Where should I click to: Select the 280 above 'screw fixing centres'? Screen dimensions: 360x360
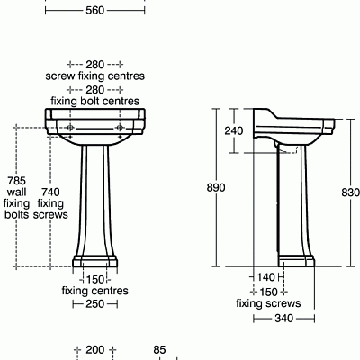coord(94,65)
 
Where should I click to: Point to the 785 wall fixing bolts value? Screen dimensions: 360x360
coord(17,179)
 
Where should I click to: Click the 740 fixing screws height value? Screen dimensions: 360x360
coord(51,192)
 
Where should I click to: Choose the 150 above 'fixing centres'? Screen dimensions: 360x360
coord(94,278)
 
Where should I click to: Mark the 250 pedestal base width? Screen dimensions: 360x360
coord(94,304)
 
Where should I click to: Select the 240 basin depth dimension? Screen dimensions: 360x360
coord(234,130)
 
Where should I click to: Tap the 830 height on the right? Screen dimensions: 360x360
coord(349,192)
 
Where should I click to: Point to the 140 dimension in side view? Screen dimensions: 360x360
coord(265,278)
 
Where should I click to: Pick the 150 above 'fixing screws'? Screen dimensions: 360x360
coord(268,292)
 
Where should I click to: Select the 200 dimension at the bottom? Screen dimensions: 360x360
coord(94,349)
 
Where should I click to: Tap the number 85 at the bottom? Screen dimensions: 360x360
coord(160,349)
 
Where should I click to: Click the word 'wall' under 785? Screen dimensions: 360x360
coord(17,192)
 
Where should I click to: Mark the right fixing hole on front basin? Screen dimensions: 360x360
coord(120,128)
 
